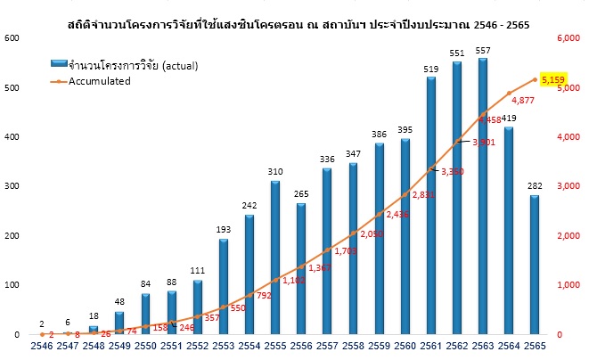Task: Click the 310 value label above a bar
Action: pyautogui.click(x=274, y=172)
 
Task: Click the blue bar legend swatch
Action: pyautogui.click(x=60, y=65)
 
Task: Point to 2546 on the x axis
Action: pyautogui.click(x=41, y=344)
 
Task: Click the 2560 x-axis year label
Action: pyautogui.click(x=405, y=344)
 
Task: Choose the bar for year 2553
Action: pyautogui.click(x=223, y=286)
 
